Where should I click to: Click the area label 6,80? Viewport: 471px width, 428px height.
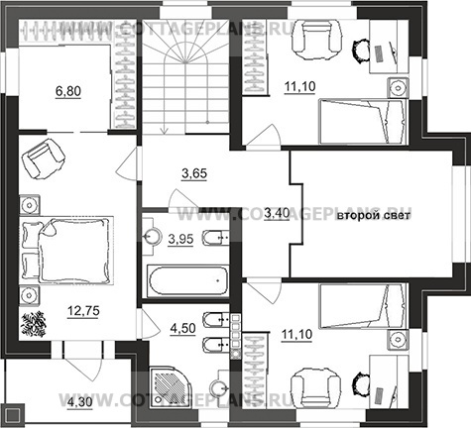pos(68,91)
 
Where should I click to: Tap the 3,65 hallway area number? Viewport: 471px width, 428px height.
pos(194,173)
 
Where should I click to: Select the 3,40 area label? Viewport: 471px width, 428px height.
pos(278,214)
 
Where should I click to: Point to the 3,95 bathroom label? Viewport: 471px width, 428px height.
pos(180,239)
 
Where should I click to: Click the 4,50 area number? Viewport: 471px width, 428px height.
pos(182,329)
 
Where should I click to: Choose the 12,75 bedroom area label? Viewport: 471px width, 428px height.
pos(83,311)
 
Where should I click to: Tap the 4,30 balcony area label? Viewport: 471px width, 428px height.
pos(80,402)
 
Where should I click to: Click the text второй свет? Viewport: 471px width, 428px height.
pos(374,216)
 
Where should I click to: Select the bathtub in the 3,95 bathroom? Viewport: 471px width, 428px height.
pos(188,280)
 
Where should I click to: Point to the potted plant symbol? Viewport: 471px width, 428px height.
pos(33,324)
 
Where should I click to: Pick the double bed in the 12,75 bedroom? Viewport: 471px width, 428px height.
pos(67,250)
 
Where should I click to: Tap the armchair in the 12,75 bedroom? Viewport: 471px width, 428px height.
pos(43,159)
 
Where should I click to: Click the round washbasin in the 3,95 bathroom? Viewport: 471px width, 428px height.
pos(152,236)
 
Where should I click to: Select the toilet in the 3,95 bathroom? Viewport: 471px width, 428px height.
pos(216,238)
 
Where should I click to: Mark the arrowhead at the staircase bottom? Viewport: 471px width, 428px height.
pos(164,131)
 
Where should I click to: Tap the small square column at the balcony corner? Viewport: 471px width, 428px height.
pos(14,413)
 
